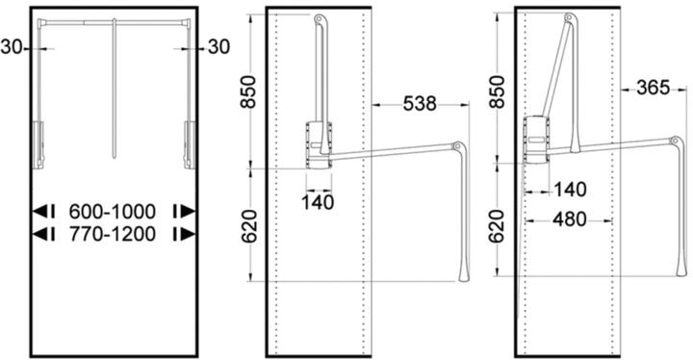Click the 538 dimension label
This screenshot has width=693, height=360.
[423, 101]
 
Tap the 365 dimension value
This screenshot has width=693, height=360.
[653, 89]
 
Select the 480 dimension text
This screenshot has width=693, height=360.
[570, 220]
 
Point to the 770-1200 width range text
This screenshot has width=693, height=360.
[114, 233]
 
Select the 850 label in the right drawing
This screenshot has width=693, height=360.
[497, 91]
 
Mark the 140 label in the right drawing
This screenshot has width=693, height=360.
[571, 190]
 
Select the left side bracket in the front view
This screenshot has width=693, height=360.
[38, 139]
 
